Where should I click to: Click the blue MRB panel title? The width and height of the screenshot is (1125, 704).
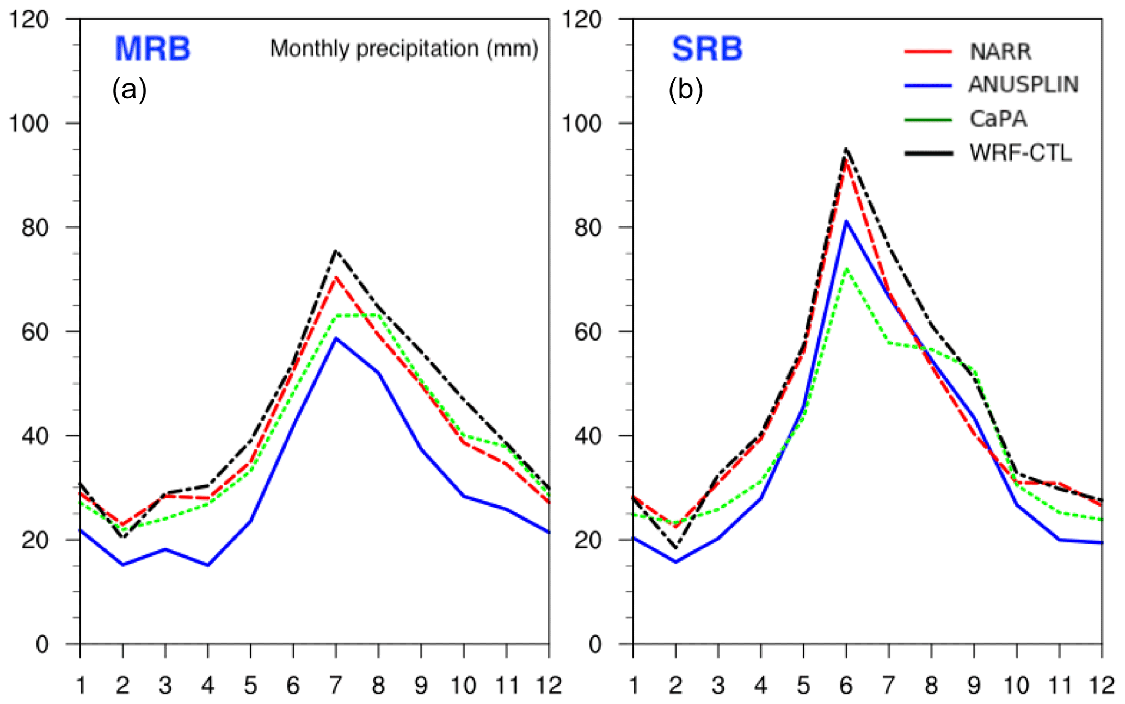coord(152,49)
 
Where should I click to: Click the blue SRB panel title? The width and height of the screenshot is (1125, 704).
coord(706,49)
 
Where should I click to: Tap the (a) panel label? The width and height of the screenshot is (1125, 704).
coord(129,90)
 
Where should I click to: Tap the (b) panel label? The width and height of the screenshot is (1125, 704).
coord(685,90)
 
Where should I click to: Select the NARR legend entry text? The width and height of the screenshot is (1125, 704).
coord(1000,52)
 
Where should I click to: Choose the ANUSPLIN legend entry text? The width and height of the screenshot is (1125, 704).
coord(1023,85)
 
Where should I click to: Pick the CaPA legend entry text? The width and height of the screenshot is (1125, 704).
coord(998,119)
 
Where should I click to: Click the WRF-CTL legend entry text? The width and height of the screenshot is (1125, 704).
coord(1021,153)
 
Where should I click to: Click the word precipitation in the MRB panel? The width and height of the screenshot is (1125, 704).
coord(417,50)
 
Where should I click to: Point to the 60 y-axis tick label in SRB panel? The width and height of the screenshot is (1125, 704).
coord(588,332)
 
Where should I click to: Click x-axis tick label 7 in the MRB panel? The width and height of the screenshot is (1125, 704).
coord(336,686)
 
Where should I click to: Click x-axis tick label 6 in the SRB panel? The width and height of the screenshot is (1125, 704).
coord(846,686)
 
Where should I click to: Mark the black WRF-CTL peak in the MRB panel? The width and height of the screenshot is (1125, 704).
coord(336,251)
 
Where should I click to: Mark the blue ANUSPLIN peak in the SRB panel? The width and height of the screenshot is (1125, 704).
coord(846,221)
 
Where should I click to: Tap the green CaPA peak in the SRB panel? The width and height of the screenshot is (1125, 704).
coord(846,269)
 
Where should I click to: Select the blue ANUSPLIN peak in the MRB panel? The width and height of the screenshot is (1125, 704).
coord(336,338)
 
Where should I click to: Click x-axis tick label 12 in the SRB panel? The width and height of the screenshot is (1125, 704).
coord(1101,686)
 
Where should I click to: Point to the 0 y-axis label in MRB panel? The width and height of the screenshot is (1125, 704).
coord(42,645)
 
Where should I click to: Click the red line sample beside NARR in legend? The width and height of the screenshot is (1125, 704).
coord(929,52)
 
